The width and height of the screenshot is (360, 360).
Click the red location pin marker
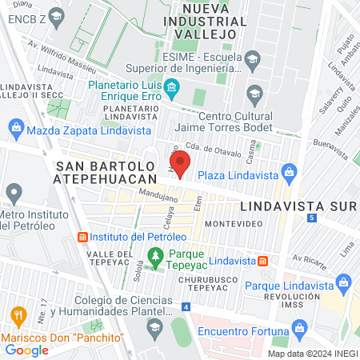[180, 163]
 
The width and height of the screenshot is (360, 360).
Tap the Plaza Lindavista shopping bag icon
[290, 174]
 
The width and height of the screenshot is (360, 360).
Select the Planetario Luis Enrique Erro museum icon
[172, 86]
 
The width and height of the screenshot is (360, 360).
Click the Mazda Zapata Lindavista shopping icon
[15, 127]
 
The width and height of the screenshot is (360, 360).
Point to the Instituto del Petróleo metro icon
[82, 238]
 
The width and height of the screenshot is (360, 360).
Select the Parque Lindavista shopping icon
[345, 282]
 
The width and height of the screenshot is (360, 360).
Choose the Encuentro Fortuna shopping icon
[300, 327]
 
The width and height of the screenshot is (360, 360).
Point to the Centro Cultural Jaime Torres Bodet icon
[255, 93]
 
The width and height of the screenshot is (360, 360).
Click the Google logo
[26, 349]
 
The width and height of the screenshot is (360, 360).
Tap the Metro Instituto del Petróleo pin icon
[12, 192]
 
